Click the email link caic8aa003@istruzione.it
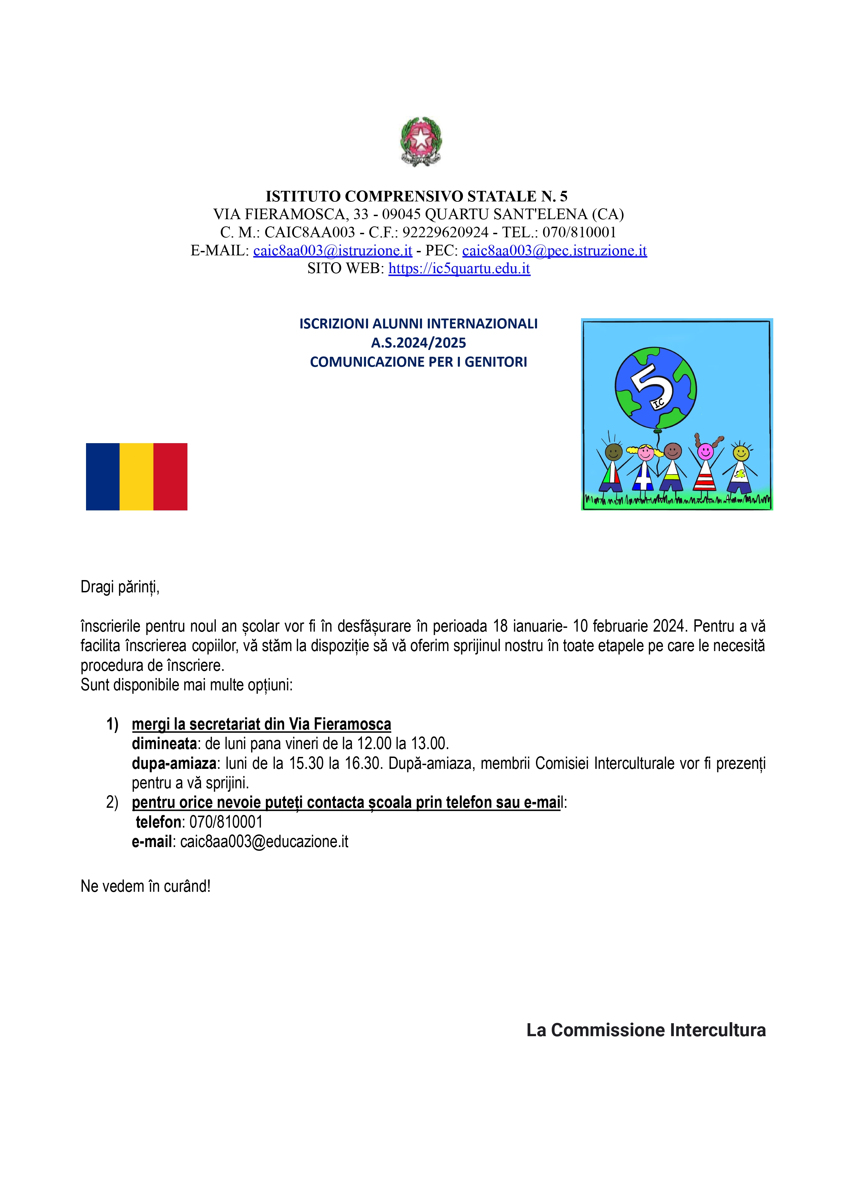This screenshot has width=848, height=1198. click(x=333, y=251)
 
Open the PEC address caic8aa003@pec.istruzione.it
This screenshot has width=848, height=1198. click(x=554, y=251)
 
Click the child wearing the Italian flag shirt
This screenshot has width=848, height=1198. click(x=612, y=467)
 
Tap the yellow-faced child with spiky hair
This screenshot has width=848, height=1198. click(x=740, y=467)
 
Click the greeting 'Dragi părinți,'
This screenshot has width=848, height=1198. click(x=119, y=588)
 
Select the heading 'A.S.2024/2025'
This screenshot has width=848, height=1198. click(x=418, y=343)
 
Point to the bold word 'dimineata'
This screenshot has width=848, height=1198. click(x=164, y=743)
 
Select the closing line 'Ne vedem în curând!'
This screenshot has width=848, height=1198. click(x=145, y=886)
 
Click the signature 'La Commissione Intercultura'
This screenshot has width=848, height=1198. click(x=646, y=1030)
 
